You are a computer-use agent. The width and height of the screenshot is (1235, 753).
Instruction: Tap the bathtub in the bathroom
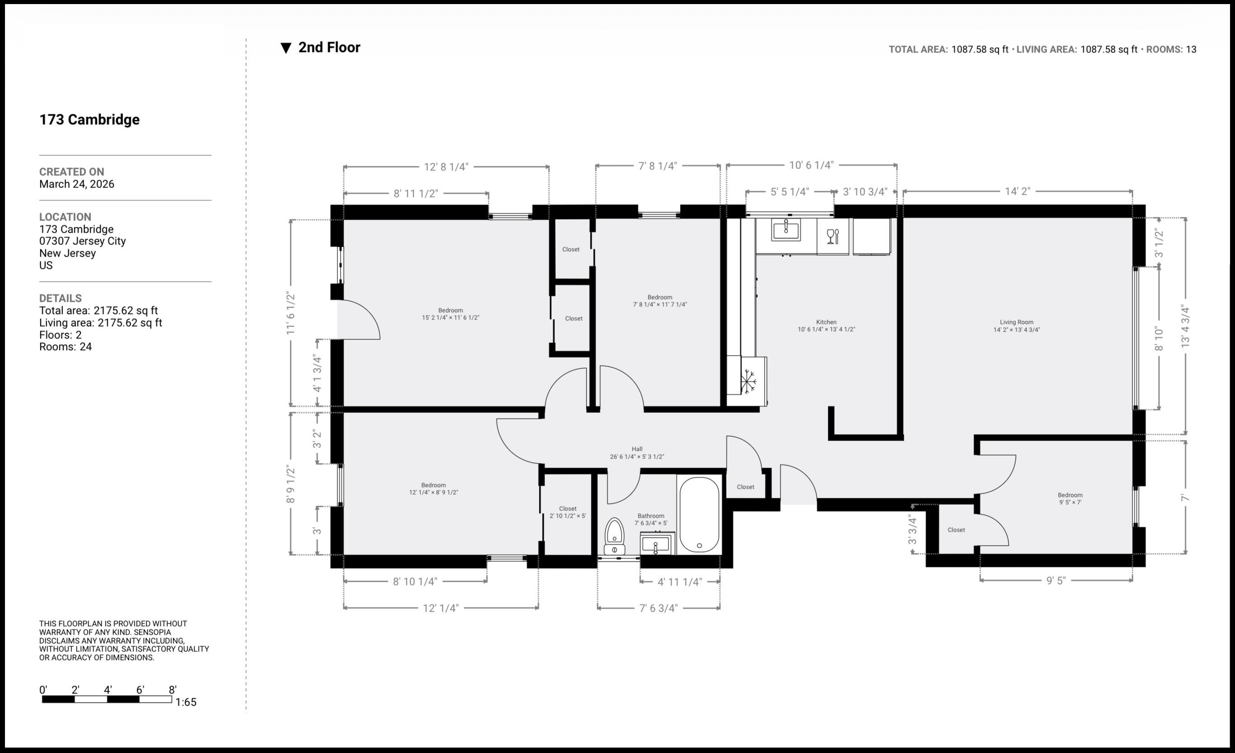(699, 514)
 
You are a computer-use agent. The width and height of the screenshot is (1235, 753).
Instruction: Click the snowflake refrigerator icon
(748, 381)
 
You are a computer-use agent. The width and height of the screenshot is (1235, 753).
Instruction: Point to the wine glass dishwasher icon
(833, 237)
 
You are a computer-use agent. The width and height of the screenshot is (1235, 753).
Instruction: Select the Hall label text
(636, 449)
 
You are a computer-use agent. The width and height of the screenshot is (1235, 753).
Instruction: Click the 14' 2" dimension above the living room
(1017, 192)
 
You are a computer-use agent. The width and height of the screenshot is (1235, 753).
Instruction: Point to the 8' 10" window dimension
(1158, 339)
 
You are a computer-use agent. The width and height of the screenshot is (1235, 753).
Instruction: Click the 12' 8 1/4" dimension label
(446, 167)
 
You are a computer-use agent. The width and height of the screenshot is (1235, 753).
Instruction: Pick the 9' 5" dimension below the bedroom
(1056, 580)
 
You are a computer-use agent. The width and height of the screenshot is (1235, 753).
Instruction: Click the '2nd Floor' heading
(329, 47)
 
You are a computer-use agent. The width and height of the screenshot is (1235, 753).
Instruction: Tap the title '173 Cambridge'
(89, 120)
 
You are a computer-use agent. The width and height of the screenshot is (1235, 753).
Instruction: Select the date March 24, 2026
(77, 184)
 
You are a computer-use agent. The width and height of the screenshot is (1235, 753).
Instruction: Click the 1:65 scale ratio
(185, 702)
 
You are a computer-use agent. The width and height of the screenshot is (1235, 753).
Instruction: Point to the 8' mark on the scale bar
(172, 690)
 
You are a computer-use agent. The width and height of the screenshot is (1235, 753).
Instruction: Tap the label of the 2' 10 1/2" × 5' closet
(567, 512)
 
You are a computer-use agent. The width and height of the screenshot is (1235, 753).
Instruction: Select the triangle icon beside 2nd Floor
(286, 48)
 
